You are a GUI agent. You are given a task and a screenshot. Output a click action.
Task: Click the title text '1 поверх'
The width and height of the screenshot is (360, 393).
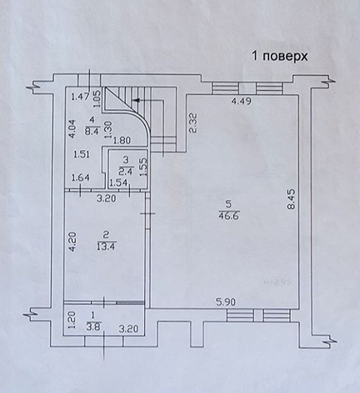coord(280,56)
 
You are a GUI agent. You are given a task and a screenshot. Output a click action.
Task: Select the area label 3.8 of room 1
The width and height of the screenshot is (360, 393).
coord(93,327)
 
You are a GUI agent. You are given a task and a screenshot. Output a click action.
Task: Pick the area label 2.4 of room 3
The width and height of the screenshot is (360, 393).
coord(125,171)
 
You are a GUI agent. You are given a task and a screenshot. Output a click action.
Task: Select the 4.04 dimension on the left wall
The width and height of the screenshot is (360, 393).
coord(72,128)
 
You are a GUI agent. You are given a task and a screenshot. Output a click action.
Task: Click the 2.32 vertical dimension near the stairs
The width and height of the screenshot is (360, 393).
coord(192,123)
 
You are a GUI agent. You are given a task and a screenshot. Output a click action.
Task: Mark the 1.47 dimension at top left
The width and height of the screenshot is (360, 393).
coord(79,97)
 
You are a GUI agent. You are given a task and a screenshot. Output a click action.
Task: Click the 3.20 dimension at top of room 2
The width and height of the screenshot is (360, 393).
coord(105,198)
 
